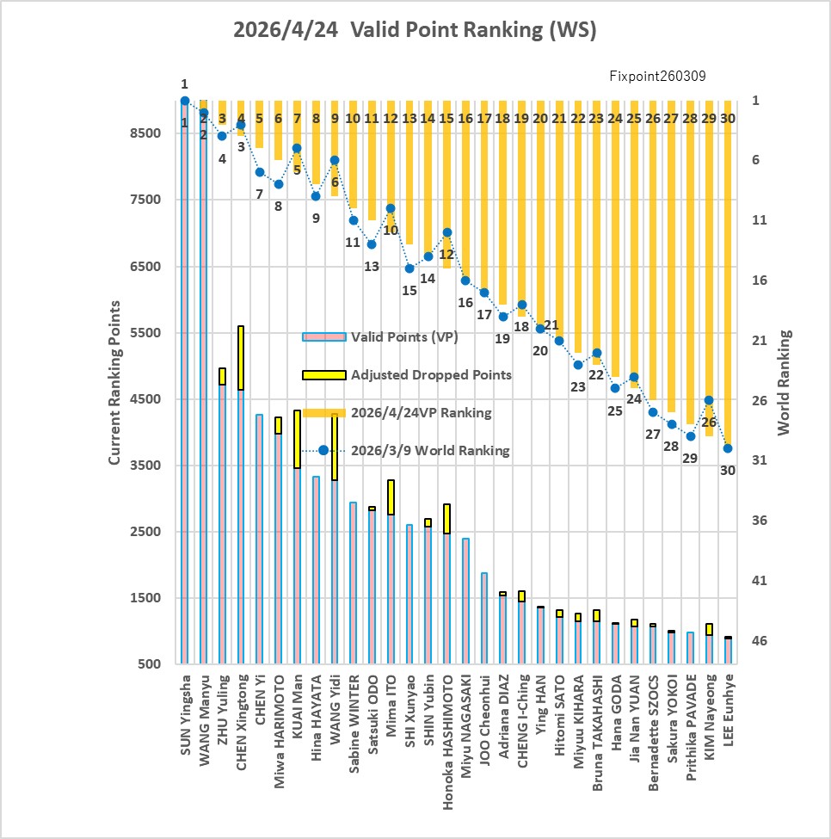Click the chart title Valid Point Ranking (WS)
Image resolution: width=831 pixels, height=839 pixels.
(415, 30)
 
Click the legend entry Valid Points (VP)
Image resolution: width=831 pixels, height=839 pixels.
(404, 337)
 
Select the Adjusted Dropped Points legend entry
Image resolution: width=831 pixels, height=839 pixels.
(430, 375)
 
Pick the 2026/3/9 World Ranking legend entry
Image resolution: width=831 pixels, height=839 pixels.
(430, 450)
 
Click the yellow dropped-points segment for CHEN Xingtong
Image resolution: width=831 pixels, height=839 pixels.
(241, 358)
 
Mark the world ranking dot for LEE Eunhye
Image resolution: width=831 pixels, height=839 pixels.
(728, 448)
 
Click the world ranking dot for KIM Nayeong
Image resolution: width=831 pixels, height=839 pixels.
(709, 400)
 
